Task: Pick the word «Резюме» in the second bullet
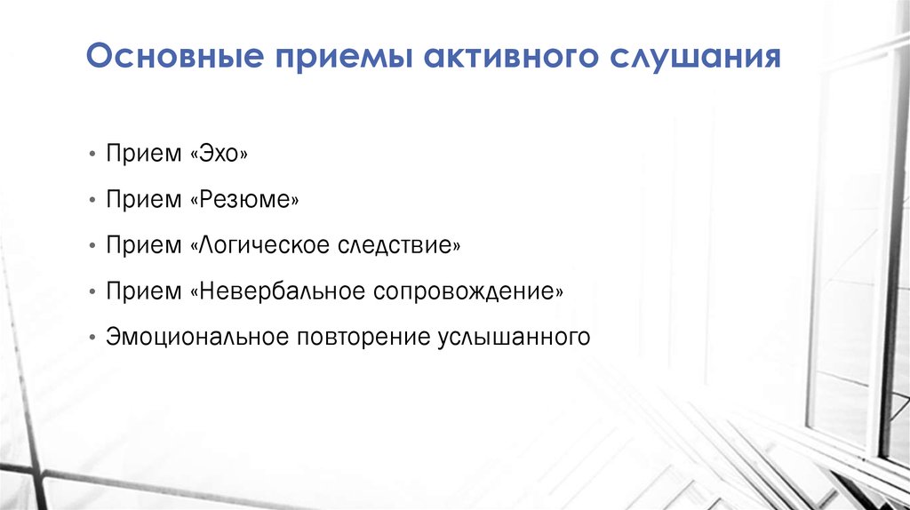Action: pyautogui.click(x=244, y=200)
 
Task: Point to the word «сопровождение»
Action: pyautogui.click(x=467, y=291)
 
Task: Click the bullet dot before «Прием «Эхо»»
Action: pyautogui.click(x=92, y=155)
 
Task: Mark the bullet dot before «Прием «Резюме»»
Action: pyautogui.click(x=92, y=201)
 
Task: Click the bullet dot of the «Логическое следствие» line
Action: pyautogui.click(x=92, y=247)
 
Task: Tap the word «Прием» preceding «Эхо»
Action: pyautogui.click(x=143, y=154)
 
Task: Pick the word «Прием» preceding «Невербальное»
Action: pyautogui.click(x=143, y=291)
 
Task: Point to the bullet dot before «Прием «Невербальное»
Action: pyautogui.click(x=92, y=292)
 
